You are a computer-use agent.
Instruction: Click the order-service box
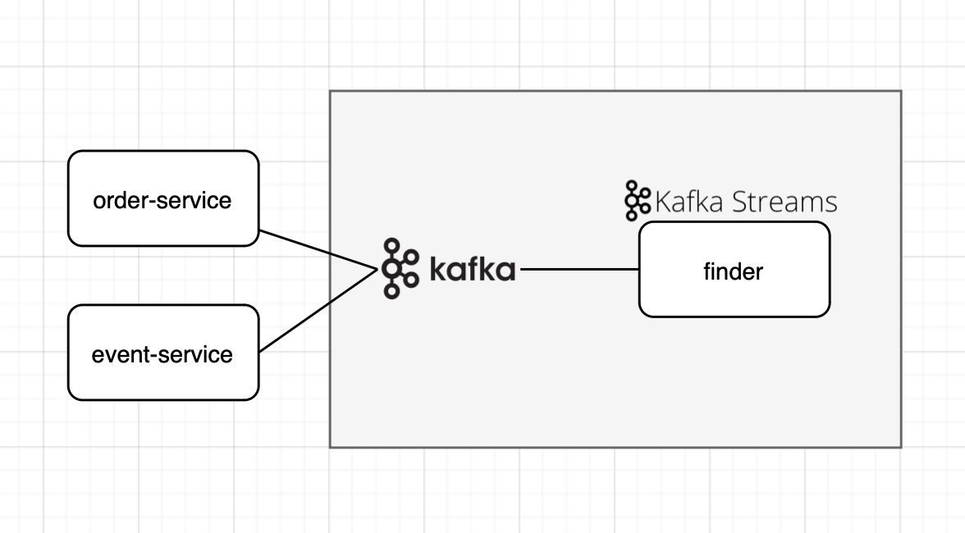(x=162, y=198)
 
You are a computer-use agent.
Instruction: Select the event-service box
(x=162, y=353)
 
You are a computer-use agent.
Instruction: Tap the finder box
(x=734, y=269)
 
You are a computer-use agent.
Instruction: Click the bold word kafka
(x=473, y=269)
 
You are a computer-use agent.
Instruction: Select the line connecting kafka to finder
(x=579, y=269)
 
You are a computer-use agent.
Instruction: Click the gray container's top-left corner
(x=331, y=91)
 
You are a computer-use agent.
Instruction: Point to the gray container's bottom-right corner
(x=901, y=447)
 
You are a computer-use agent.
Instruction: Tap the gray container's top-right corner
(x=901, y=91)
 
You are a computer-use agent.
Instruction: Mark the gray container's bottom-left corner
(x=331, y=447)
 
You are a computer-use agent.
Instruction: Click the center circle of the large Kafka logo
(x=394, y=269)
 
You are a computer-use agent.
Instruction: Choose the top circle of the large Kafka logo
(x=393, y=245)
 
